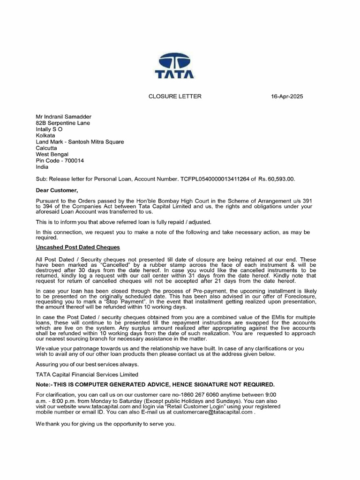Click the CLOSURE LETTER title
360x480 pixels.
[175, 97]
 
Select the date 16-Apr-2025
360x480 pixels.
[287, 97]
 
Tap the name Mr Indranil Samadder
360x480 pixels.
[64, 117]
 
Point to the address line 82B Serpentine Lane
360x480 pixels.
[63, 123]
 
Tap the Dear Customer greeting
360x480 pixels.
[57, 190]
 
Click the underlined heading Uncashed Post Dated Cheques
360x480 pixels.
[78, 247]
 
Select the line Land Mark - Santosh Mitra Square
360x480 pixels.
[80, 142]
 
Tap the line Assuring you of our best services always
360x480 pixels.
[87, 364]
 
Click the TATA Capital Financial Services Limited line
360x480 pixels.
[87, 375]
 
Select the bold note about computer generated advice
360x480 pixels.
[155, 384]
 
